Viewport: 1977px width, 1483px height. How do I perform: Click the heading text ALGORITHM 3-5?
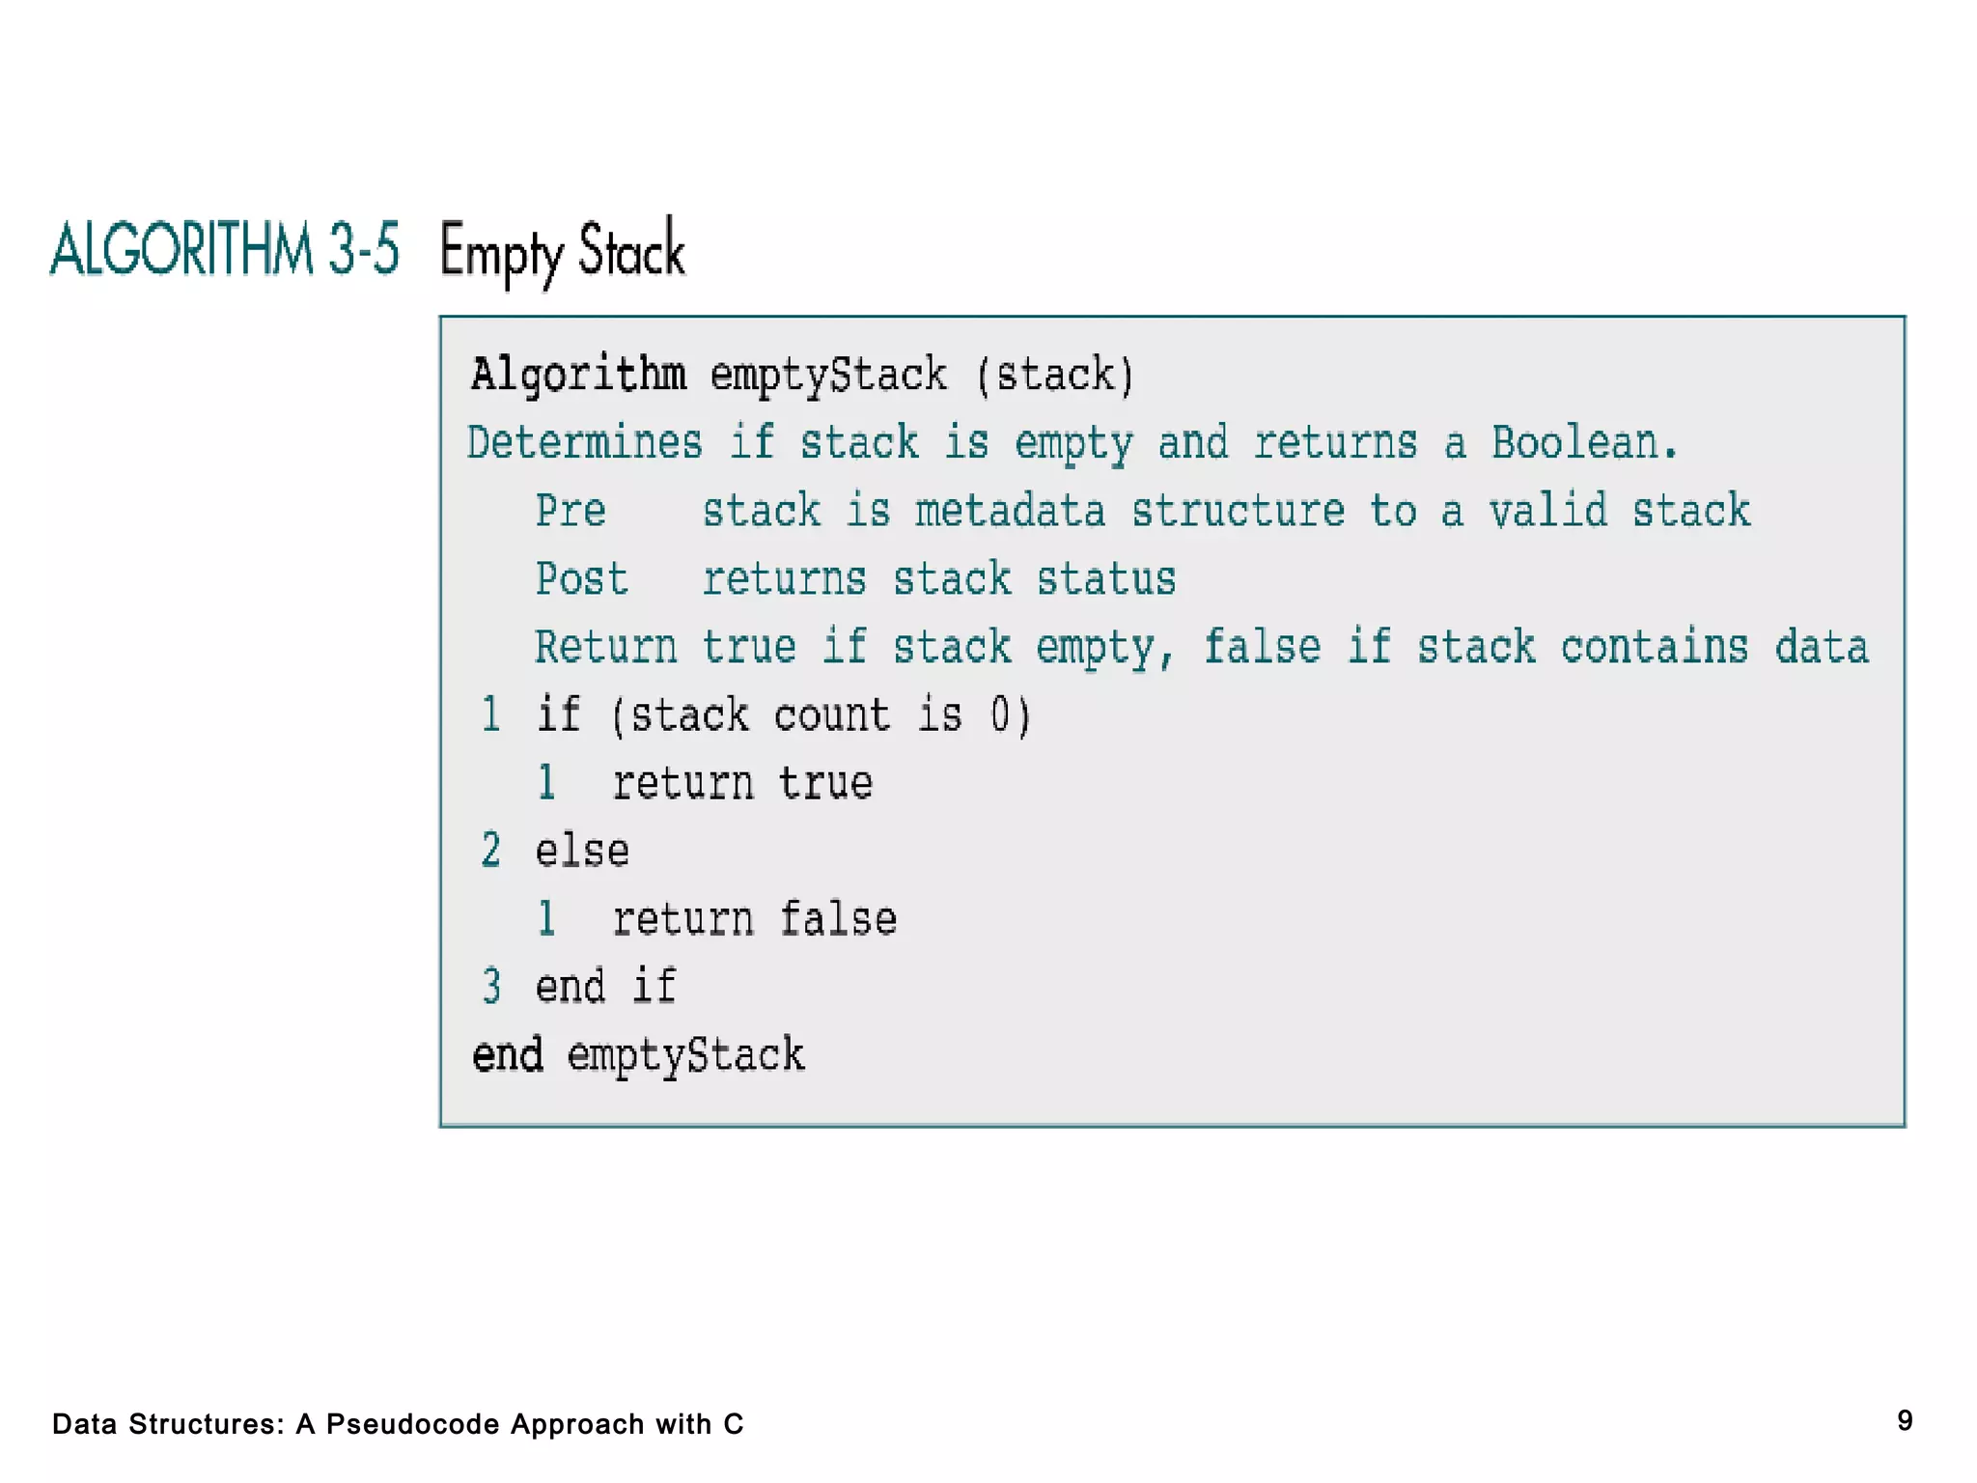(x=224, y=249)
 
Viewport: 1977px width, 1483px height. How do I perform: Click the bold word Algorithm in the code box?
(x=578, y=375)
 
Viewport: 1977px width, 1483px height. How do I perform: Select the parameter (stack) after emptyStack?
(x=1054, y=375)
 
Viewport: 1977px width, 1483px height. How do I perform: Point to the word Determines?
(x=584, y=443)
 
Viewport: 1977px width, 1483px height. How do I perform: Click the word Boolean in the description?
(x=1583, y=443)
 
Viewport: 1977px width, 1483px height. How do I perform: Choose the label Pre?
(x=571, y=511)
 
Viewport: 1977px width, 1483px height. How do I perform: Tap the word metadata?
(x=1010, y=511)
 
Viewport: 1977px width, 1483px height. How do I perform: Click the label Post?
(x=581, y=579)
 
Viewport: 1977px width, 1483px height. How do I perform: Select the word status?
(x=1106, y=579)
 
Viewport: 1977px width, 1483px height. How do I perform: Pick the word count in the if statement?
(x=831, y=715)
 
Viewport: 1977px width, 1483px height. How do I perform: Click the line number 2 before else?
(x=491, y=851)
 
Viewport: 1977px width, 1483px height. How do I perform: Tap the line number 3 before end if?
(x=491, y=987)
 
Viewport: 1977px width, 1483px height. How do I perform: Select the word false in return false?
(x=838, y=919)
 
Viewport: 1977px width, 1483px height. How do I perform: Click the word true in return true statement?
(x=825, y=783)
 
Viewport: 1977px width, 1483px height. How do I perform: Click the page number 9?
(x=1905, y=1420)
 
